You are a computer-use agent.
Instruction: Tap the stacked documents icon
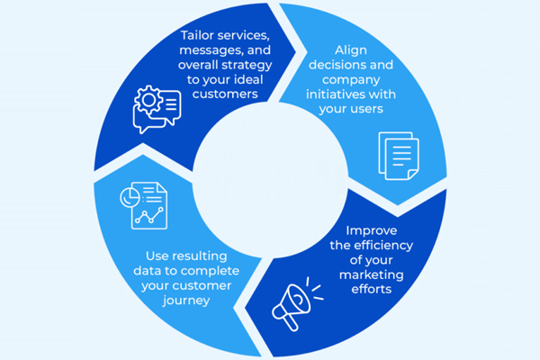(x=397, y=157)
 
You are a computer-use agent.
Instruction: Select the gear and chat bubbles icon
(x=155, y=109)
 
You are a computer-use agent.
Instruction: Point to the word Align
(x=356, y=51)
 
